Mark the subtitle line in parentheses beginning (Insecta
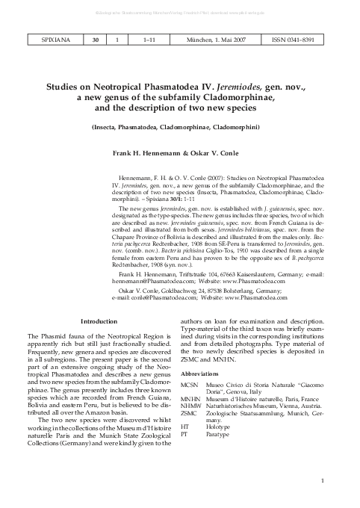coord(179,128)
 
